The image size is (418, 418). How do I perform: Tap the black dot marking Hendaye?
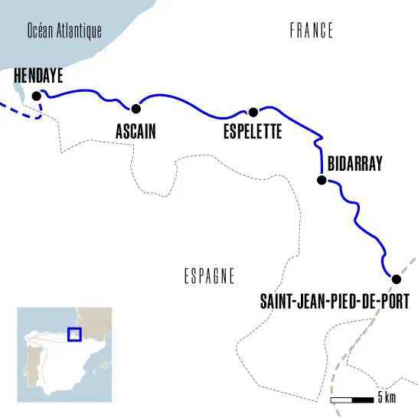[x=36, y=96]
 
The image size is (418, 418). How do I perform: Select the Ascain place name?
[x=136, y=132]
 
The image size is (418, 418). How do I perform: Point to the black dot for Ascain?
[x=136, y=108]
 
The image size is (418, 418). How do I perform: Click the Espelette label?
[x=253, y=132]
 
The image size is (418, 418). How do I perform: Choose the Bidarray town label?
[x=354, y=163]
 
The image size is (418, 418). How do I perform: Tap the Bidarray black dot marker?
[x=322, y=181]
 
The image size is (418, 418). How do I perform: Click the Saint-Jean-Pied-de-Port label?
[x=335, y=302]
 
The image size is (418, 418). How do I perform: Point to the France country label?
[x=312, y=31]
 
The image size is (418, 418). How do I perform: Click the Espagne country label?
[x=209, y=277]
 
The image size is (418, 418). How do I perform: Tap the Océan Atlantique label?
[x=64, y=31]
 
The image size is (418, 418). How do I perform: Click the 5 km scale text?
[x=387, y=398]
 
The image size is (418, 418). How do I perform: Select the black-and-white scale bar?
[x=351, y=400]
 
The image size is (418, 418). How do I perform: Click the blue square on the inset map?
[x=74, y=334]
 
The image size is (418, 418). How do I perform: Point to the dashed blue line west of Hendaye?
[x=15, y=112]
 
